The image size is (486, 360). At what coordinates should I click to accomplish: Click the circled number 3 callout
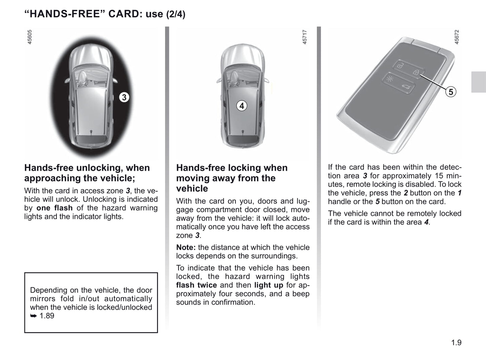[x=124, y=97]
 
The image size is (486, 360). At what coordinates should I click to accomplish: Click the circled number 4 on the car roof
[x=241, y=106]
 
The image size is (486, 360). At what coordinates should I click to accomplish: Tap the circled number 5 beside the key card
[x=450, y=92]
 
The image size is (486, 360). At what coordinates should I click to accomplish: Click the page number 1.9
[x=456, y=343]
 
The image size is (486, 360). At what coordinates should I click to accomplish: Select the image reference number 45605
[x=30, y=37]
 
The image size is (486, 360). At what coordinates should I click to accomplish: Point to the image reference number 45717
[x=305, y=37]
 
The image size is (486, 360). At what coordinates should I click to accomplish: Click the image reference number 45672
[x=457, y=37]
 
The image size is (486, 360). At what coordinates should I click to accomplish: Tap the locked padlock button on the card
[x=416, y=72]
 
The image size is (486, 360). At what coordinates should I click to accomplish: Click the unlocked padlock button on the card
[x=400, y=66]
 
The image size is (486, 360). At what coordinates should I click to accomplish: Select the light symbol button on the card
[x=390, y=79]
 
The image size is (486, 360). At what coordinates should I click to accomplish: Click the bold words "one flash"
[x=54, y=208]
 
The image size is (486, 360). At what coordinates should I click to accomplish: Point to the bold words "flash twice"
[x=196, y=285]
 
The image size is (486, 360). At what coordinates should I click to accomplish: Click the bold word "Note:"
[x=186, y=247]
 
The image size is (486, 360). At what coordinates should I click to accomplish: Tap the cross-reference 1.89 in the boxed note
[x=47, y=316]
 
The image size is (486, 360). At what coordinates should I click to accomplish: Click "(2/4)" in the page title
[x=176, y=14]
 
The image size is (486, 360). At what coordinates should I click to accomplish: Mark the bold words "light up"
[x=269, y=285]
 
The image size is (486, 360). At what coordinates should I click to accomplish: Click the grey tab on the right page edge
[x=478, y=82]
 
